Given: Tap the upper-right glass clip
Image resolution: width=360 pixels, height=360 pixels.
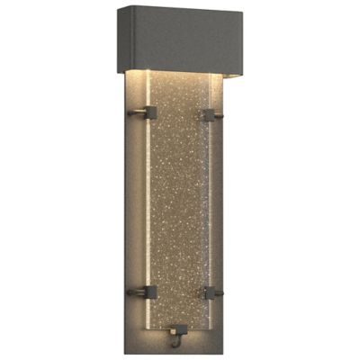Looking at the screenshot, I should pos(212,114).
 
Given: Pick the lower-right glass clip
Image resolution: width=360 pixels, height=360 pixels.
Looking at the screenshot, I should pos(212,292).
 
